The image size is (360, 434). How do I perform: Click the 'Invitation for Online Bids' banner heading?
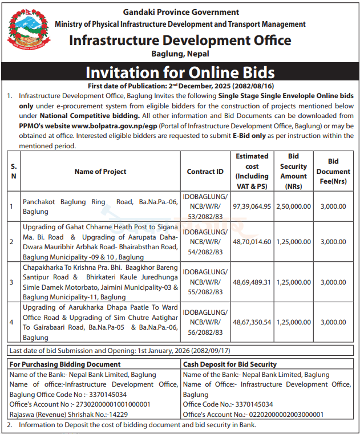[x=180, y=72]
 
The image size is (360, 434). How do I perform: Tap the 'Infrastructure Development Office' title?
[x=180, y=40]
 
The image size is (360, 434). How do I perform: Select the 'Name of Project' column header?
[x=100, y=171]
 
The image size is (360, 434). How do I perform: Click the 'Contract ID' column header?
[x=205, y=171]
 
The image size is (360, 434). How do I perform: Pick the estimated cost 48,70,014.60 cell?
[x=251, y=242]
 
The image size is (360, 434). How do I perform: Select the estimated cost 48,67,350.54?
[x=251, y=322]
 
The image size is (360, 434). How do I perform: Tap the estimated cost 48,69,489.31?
[x=251, y=282]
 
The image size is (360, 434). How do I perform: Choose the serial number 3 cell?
[x=11, y=282]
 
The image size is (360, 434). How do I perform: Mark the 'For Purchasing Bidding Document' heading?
[x=65, y=364]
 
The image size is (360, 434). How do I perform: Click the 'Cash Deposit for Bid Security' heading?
[x=230, y=364]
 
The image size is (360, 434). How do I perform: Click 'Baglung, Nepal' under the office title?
[x=180, y=54]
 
